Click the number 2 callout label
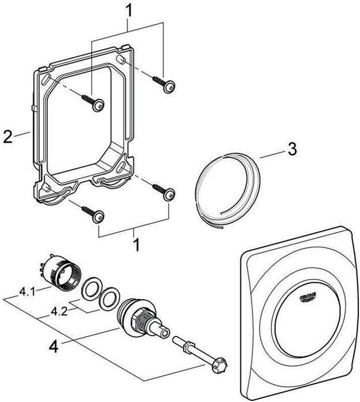tap(6, 138)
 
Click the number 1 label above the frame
tap(130, 10)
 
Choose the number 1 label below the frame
tap(138, 245)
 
